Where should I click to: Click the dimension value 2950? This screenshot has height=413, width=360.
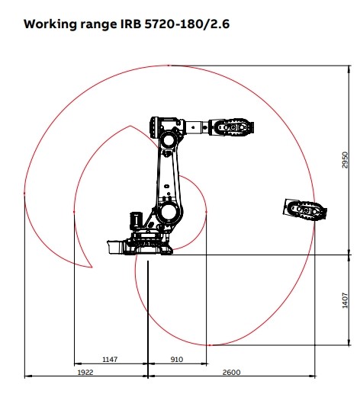point(345,160)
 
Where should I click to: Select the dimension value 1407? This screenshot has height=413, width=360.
point(345,300)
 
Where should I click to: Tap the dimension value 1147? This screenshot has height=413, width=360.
point(110,359)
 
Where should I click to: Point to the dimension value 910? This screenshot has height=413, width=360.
point(176,359)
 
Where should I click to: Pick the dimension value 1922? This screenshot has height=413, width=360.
point(85,372)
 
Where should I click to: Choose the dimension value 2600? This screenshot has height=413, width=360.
point(231,372)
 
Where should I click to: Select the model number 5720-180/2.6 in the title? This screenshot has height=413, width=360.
point(187,24)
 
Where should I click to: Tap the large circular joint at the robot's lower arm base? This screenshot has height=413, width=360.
point(168,212)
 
